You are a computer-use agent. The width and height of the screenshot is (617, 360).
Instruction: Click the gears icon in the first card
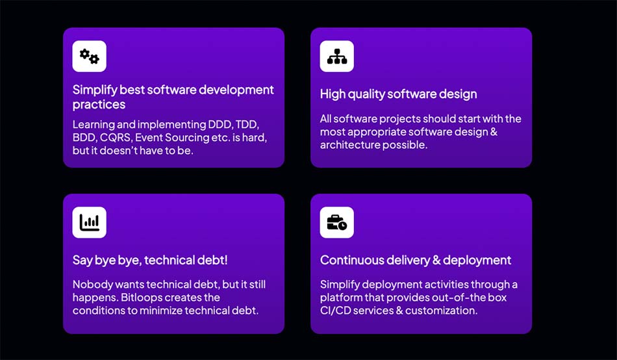(90, 57)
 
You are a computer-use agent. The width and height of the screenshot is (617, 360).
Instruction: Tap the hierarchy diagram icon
(337, 57)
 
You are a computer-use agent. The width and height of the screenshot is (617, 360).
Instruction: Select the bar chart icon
(90, 222)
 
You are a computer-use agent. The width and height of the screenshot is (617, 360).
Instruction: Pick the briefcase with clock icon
(337, 222)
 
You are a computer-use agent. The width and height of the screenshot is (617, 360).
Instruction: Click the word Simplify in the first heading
(95, 90)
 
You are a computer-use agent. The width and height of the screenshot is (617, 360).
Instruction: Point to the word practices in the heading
(99, 105)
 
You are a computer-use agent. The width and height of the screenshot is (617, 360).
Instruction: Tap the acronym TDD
(247, 125)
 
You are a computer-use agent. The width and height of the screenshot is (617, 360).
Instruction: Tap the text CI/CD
(335, 311)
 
